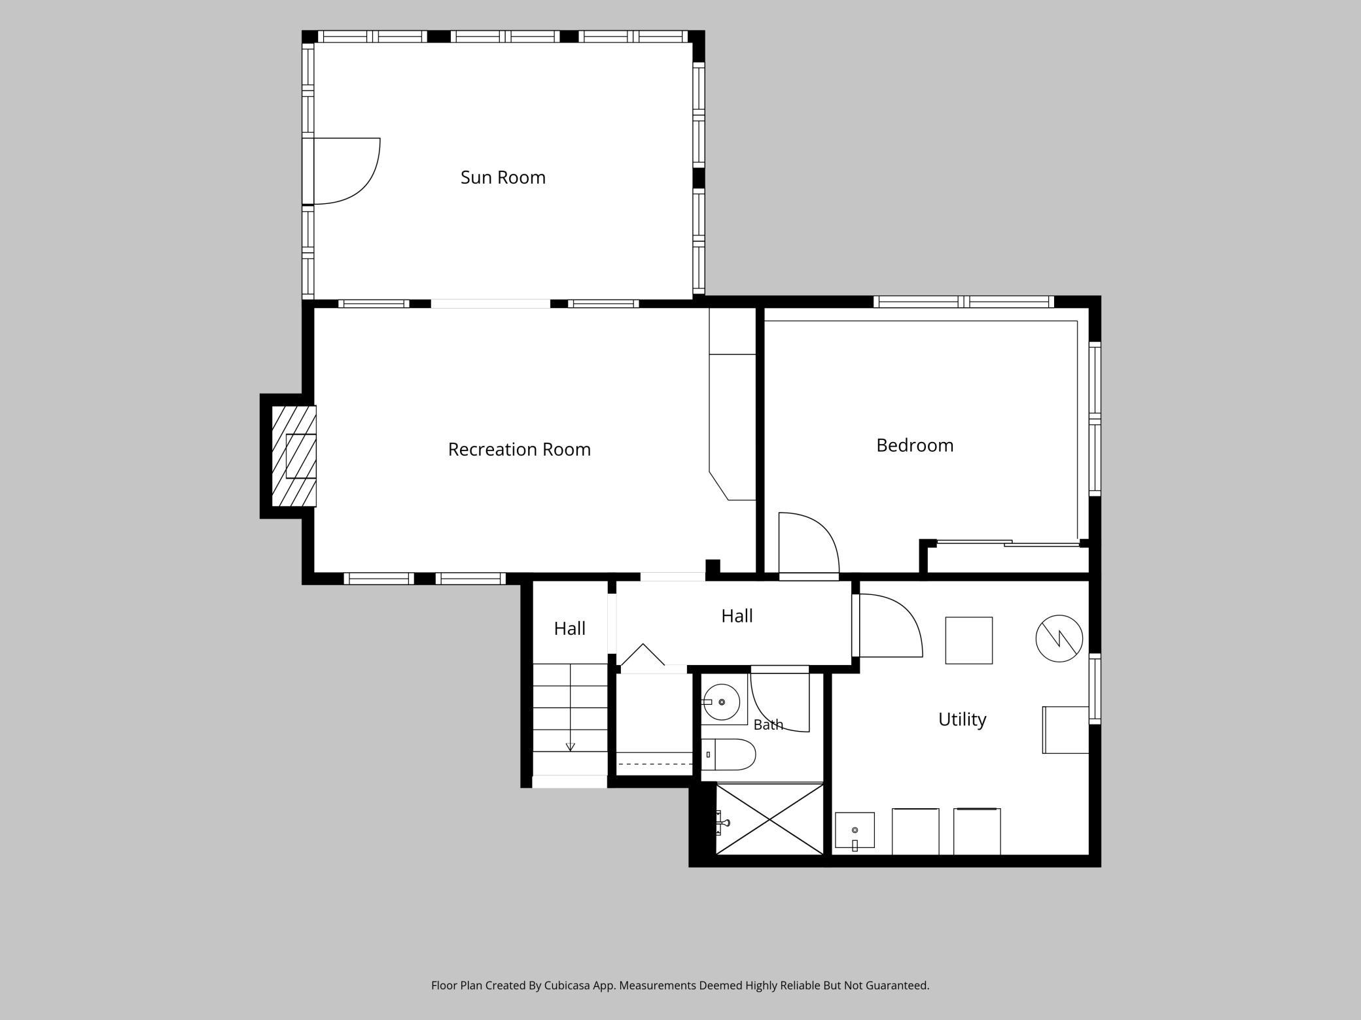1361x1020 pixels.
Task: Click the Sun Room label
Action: click(x=503, y=177)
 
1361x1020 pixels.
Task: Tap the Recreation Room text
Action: click(x=519, y=449)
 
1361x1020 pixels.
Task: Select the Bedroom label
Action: click(x=915, y=445)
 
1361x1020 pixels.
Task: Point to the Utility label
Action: click(x=962, y=719)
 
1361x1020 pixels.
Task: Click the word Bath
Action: click(x=768, y=724)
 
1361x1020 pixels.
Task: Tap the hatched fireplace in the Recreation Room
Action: click(x=294, y=456)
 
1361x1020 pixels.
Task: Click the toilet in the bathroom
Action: click(x=728, y=755)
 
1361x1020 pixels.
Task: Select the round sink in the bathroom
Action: click(x=721, y=702)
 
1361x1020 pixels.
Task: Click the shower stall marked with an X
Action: click(x=769, y=819)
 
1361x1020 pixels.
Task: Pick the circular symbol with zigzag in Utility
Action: click(x=1059, y=638)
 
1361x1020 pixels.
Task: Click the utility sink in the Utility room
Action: click(x=855, y=830)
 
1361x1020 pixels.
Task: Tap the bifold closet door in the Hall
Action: click(x=643, y=654)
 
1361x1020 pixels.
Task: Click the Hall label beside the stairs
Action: click(x=569, y=628)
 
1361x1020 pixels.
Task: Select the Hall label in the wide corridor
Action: click(x=737, y=616)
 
